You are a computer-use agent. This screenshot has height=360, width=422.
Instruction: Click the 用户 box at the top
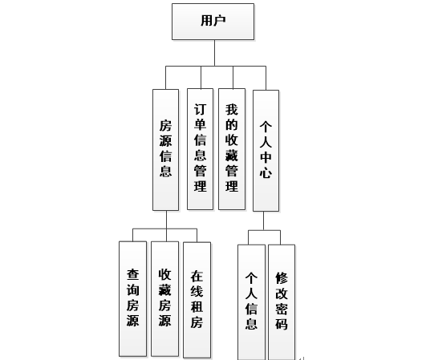[x=213, y=22]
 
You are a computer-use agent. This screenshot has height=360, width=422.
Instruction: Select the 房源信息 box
[x=165, y=150]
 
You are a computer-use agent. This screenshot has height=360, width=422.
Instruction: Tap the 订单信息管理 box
[x=201, y=149]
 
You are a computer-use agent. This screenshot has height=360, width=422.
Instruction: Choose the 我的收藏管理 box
[x=232, y=149]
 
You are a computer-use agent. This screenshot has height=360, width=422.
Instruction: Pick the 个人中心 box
[x=266, y=151]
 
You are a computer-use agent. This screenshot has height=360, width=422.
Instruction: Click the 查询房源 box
[x=132, y=298]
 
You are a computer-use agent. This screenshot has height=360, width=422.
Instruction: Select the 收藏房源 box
[x=164, y=298]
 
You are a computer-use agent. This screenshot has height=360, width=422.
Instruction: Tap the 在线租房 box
[x=197, y=300]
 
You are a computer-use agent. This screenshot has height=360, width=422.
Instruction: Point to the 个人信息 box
[x=251, y=302]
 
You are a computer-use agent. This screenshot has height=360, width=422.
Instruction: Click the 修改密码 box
[x=282, y=302]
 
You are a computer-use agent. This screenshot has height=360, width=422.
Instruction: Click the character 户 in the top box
[x=220, y=21]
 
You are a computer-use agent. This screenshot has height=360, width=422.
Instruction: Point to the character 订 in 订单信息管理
[x=201, y=110]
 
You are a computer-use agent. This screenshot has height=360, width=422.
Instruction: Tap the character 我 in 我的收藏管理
[x=232, y=110]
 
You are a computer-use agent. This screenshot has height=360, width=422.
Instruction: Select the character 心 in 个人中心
[x=266, y=172]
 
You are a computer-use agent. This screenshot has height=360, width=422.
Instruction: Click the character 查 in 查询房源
[x=132, y=274]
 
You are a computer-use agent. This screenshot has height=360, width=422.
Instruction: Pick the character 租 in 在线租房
[x=197, y=307]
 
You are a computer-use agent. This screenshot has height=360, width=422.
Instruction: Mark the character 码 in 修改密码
[x=282, y=324]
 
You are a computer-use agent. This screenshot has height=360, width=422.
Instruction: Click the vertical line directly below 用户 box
[x=214, y=53]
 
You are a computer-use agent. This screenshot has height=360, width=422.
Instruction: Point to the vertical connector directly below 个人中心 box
[x=263, y=220]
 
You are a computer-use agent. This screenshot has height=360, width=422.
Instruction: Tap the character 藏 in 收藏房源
[x=164, y=289]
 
